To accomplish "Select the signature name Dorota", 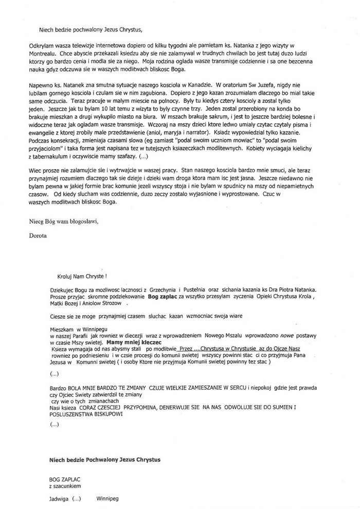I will (38, 235).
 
